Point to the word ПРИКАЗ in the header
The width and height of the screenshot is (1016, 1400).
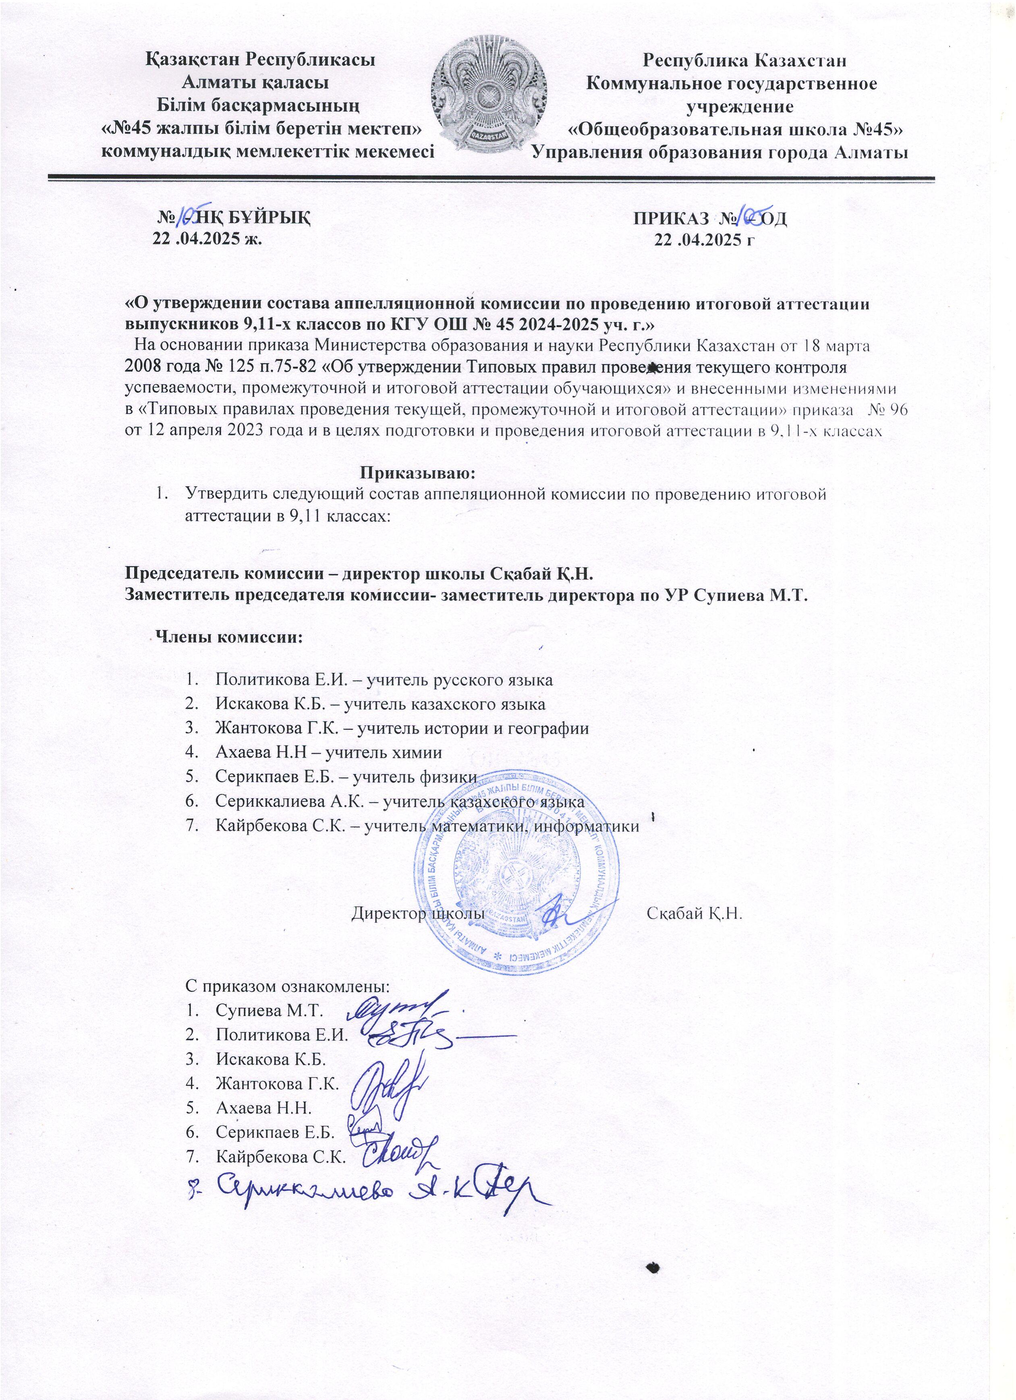pos(666,218)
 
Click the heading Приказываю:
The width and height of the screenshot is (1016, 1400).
pos(419,474)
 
